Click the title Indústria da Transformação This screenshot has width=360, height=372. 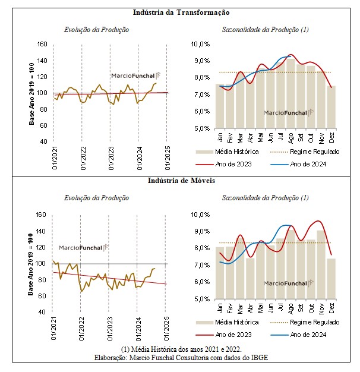(x=181, y=12)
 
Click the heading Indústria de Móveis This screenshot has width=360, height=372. (x=181, y=181)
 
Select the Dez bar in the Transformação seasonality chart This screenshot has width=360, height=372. (x=331, y=107)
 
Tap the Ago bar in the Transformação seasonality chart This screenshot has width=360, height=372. (x=290, y=93)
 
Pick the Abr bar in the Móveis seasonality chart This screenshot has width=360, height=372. (x=250, y=279)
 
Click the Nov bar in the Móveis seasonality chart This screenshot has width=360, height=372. (x=321, y=265)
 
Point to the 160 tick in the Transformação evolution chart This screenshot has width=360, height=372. (x=42, y=44)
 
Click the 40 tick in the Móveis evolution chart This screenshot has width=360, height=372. (x=42, y=312)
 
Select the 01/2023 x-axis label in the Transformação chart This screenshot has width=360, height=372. (x=111, y=158)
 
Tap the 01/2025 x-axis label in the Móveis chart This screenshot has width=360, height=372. (x=166, y=329)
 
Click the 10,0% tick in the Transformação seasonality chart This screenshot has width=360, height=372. (x=201, y=44)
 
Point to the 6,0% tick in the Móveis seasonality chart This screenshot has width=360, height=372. (x=202, y=282)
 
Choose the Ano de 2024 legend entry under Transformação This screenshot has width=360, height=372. (x=299, y=164)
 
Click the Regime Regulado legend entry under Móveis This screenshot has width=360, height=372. (x=305, y=322)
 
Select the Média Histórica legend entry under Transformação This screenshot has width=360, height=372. (x=227, y=152)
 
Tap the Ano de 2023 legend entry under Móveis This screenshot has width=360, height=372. (x=223, y=335)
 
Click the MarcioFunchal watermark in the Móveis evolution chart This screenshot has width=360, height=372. (x=84, y=248)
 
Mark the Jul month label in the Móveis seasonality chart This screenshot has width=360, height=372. (x=280, y=307)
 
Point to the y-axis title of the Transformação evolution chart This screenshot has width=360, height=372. (x=31, y=94)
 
